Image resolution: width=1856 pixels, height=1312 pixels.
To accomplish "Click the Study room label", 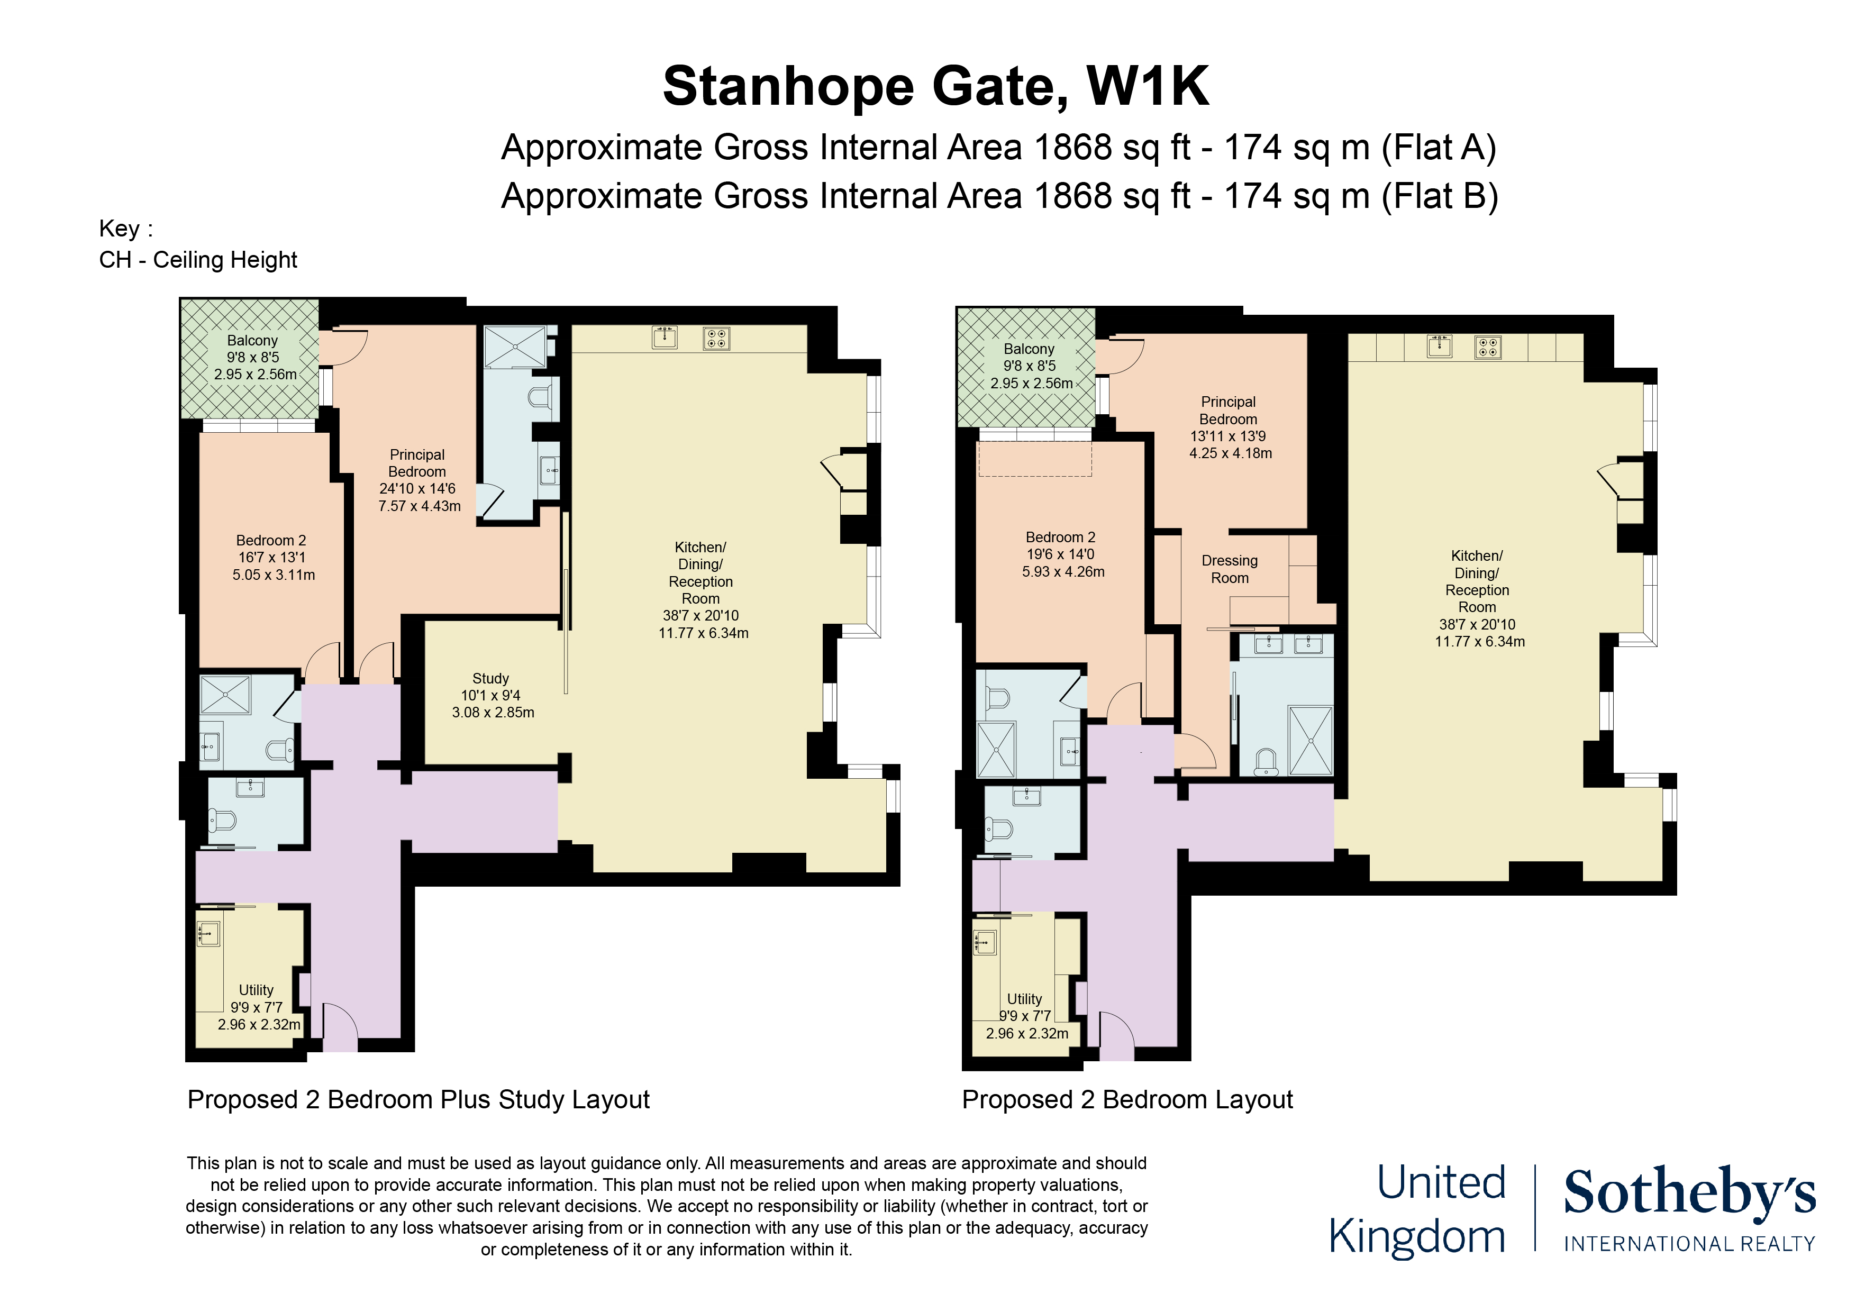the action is [490, 678].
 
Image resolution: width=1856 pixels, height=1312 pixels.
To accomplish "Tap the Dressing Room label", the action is [1230, 569].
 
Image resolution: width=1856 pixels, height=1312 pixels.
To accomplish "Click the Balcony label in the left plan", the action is [252, 340].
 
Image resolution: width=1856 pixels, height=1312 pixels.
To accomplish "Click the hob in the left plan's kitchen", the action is [716, 338].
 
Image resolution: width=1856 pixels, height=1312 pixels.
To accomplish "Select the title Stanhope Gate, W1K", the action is [935, 86].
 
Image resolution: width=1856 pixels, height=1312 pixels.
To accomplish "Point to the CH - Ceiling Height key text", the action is [198, 259].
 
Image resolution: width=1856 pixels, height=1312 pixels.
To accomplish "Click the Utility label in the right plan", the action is [1024, 999].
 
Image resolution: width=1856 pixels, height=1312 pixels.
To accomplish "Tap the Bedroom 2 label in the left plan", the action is [271, 540].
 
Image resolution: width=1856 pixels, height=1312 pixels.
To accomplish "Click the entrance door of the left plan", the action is [340, 1027].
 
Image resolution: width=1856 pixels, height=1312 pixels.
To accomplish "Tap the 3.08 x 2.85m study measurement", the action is [493, 712].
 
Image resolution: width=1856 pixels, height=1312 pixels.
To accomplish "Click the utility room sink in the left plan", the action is [208, 934].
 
